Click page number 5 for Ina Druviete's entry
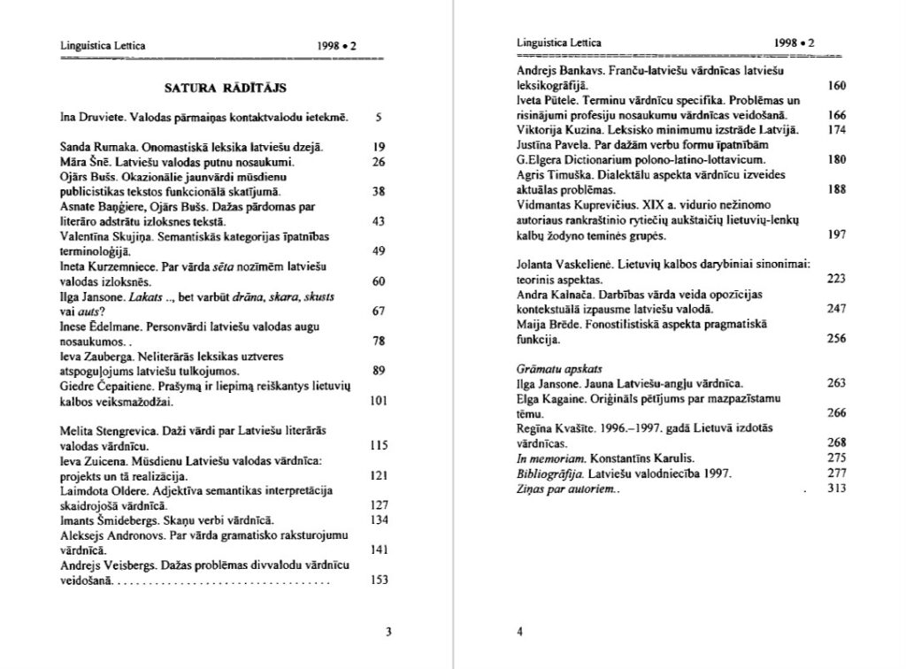click(x=378, y=117)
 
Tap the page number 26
click(x=378, y=162)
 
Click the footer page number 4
click(x=519, y=632)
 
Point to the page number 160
click(x=837, y=86)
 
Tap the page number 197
click(x=837, y=236)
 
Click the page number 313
click(x=837, y=488)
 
